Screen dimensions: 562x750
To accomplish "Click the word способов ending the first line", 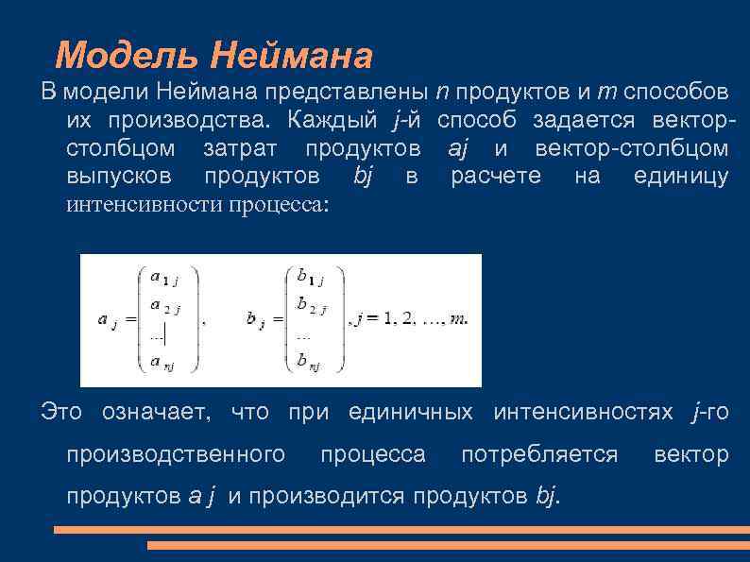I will (x=674, y=94).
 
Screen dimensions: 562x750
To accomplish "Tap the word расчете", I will (x=496, y=177).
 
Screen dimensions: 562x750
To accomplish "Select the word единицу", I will (x=676, y=177).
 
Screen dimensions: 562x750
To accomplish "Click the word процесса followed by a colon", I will (x=279, y=205).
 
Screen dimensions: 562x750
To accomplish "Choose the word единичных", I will (x=411, y=412).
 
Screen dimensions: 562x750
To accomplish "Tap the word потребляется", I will (x=539, y=454).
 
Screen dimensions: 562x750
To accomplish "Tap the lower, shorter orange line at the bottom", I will (x=448, y=546).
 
